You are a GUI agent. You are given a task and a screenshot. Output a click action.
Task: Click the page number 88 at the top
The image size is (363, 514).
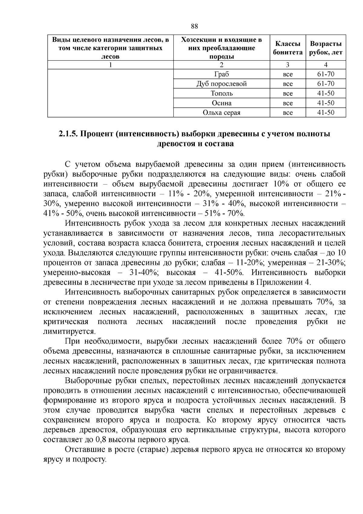click(x=195, y=26)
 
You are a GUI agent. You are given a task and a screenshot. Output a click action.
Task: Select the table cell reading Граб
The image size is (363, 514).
click(x=221, y=74)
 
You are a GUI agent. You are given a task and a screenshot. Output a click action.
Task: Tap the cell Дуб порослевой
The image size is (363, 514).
click(x=221, y=84)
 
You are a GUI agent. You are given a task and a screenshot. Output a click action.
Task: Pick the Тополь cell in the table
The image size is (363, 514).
click(x=221, y=94)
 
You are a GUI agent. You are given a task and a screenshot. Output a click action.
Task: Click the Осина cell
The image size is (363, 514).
click(x=221, y=103)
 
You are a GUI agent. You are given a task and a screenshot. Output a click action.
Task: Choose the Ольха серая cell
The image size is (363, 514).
click(x=221, y=113)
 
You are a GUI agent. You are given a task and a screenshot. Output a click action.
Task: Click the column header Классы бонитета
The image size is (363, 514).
click(x=288, y=48)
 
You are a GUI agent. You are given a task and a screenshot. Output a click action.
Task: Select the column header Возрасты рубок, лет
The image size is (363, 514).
click(x=326, y=48)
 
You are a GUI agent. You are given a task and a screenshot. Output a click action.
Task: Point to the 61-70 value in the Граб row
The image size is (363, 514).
click(x=326, y=74)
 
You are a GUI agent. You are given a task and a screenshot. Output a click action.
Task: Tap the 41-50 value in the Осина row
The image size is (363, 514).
click(x=326, y=103)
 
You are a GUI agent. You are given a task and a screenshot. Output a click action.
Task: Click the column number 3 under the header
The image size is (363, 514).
click(x=288, y=65)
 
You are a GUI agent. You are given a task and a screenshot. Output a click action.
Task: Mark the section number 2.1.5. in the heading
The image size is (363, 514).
click(x=68, y=134)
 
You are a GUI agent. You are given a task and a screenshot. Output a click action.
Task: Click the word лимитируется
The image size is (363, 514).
click(x=69, y=331)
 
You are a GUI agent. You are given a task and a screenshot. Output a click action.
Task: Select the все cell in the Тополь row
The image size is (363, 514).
click(x=288, y=94)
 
